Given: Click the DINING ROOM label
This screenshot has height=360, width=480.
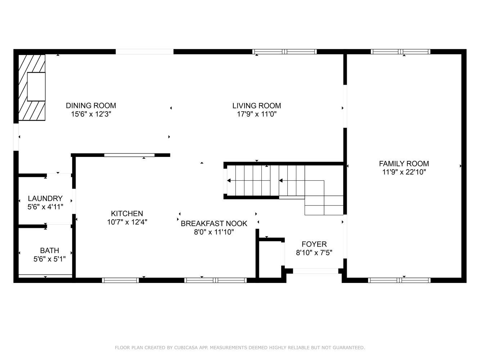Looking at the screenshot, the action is coord(91,105).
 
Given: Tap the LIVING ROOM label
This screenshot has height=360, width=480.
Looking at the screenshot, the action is coord(256,106).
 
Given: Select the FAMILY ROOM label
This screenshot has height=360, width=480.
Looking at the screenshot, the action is coord(404,164).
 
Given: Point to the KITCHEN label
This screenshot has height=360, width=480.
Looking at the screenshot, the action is coord(127,213).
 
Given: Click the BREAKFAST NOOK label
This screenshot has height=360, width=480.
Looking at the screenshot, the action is coord(214,224).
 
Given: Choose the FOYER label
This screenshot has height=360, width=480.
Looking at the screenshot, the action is coord(314,244).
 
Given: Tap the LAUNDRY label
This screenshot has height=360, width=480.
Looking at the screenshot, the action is coord(45,198).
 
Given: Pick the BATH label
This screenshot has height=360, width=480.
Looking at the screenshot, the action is coord(50,251).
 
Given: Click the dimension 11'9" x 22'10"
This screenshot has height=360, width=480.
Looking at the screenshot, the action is coord(404,172).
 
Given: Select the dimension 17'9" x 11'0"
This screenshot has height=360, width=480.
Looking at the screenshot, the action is coord(257,114).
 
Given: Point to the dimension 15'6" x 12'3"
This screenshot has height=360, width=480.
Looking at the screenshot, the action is coord(91,114).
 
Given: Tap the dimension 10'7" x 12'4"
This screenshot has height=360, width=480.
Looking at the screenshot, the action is coord(127,222).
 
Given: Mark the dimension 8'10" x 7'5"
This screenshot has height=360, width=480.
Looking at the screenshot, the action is coord(314,253).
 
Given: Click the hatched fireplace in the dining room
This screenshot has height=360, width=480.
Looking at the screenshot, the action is coord(32,87).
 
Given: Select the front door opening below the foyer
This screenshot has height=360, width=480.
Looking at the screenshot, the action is coord(315,271).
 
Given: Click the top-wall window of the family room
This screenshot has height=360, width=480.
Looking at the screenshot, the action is coord(400,52).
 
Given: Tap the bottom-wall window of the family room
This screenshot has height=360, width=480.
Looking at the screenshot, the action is coord(399,280).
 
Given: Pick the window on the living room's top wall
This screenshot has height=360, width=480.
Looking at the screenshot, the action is coord(284,52).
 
